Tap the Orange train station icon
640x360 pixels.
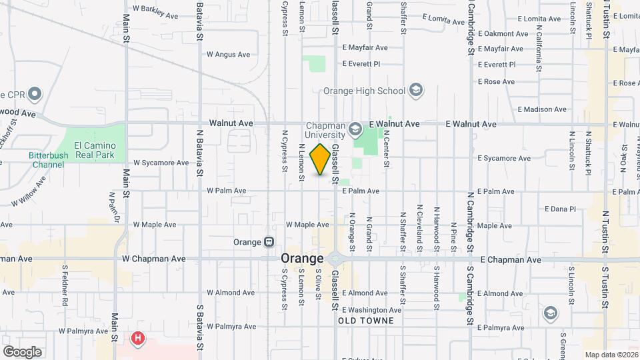(x=269, y=242)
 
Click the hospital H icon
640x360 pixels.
(x=138, y=339)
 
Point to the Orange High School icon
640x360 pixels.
(x=416, y=91)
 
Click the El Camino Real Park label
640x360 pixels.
(x=95, y=150)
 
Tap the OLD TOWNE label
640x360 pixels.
(x=366, y=321)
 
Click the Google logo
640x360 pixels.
(x=22, y=351)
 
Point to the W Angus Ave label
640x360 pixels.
(x=228, y=55)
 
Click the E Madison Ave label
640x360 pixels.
(x=542, y=109)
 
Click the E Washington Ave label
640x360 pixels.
(x=371, y=309)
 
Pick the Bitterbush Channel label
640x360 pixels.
(x=49, y=159)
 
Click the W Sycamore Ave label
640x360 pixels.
(x=161, y=162)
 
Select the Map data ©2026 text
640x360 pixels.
(x=611, y=355)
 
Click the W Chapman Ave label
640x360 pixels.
(x=153, y=259)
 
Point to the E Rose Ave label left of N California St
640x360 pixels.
(x=497, y=82)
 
